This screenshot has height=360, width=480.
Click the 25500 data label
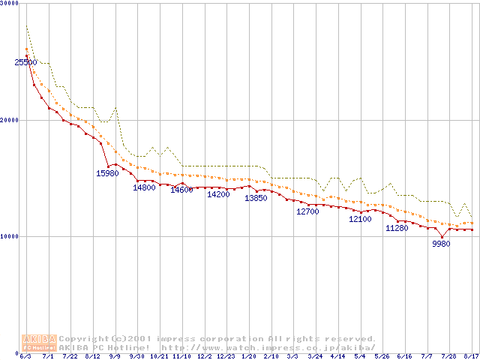click(25, 63)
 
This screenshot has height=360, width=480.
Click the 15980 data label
click(107, 174)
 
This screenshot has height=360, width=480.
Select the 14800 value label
click(144, 187)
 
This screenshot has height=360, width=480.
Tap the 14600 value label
click(181, 190)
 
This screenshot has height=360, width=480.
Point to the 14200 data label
click(218, 194)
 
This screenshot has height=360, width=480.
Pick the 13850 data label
click(256, 199)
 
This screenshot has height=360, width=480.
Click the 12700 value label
click(307, 212)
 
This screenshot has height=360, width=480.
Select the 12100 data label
click(360, 220)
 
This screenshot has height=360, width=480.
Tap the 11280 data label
click(397, 228)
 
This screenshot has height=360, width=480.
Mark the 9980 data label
click(442, 244)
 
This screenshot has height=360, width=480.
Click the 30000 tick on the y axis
click(10, 4)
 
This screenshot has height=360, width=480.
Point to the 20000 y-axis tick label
click(10, 120)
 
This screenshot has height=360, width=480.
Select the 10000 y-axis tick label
click(10, 236)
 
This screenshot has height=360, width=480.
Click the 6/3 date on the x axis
click(25, 356)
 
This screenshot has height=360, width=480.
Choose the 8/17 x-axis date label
click(471, 356)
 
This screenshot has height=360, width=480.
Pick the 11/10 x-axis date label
click(181, 356)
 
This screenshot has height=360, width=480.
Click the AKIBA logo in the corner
click(39, 343)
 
